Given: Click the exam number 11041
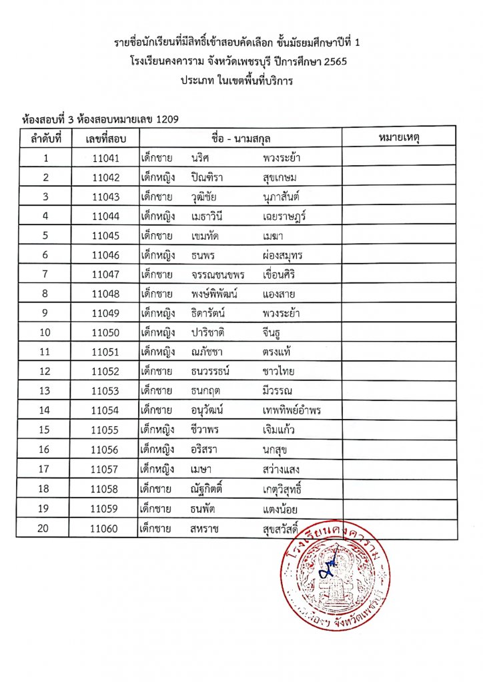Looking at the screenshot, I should (x=105, y=159).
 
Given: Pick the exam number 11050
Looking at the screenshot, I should (x=105, y=332).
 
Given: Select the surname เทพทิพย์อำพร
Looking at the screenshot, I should (x=292, y=410).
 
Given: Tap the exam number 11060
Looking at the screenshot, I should (x=105, y=529).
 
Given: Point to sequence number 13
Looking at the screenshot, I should (x=45, y=390).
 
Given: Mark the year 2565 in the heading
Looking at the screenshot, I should (x=334, y=61).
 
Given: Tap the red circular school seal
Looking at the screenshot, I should (x=335, y=571).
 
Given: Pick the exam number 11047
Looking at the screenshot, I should (x=105, y=274).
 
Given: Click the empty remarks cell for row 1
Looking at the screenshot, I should (x=398, y=159).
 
